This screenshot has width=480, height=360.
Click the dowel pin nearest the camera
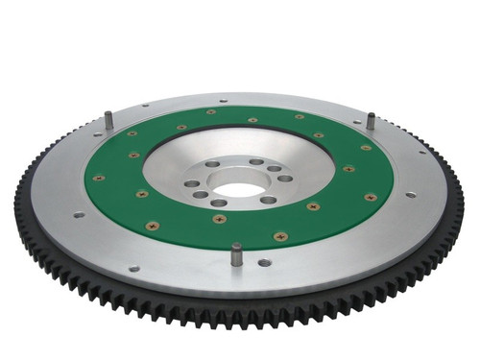click(x=236, y=254)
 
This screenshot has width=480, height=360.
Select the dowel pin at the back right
click(x=371, y=122)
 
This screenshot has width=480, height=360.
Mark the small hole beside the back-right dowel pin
click(x=360, y=121)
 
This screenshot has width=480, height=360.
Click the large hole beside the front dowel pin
click(x=264, y=261)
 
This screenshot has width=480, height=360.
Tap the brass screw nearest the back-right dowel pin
click(x=366, y=147)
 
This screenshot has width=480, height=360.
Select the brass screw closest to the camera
click(x=279, y=236)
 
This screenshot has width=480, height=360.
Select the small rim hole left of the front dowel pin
click(x=134, y=268)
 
